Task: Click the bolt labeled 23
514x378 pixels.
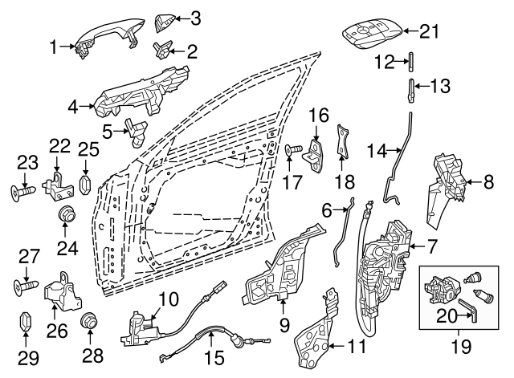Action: coord(24,192)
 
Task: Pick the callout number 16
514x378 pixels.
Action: coord(319,115)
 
